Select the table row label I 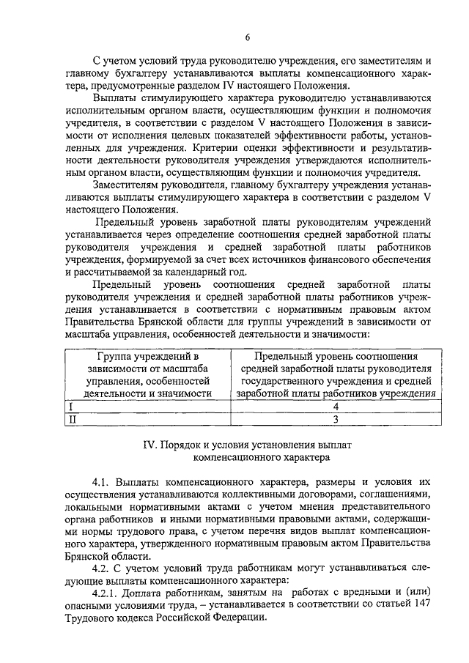click(70, 406)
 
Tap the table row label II click(72, 419)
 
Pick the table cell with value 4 click(334, 406)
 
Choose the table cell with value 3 click(334, 419)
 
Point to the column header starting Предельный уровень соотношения click(334, 374)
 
